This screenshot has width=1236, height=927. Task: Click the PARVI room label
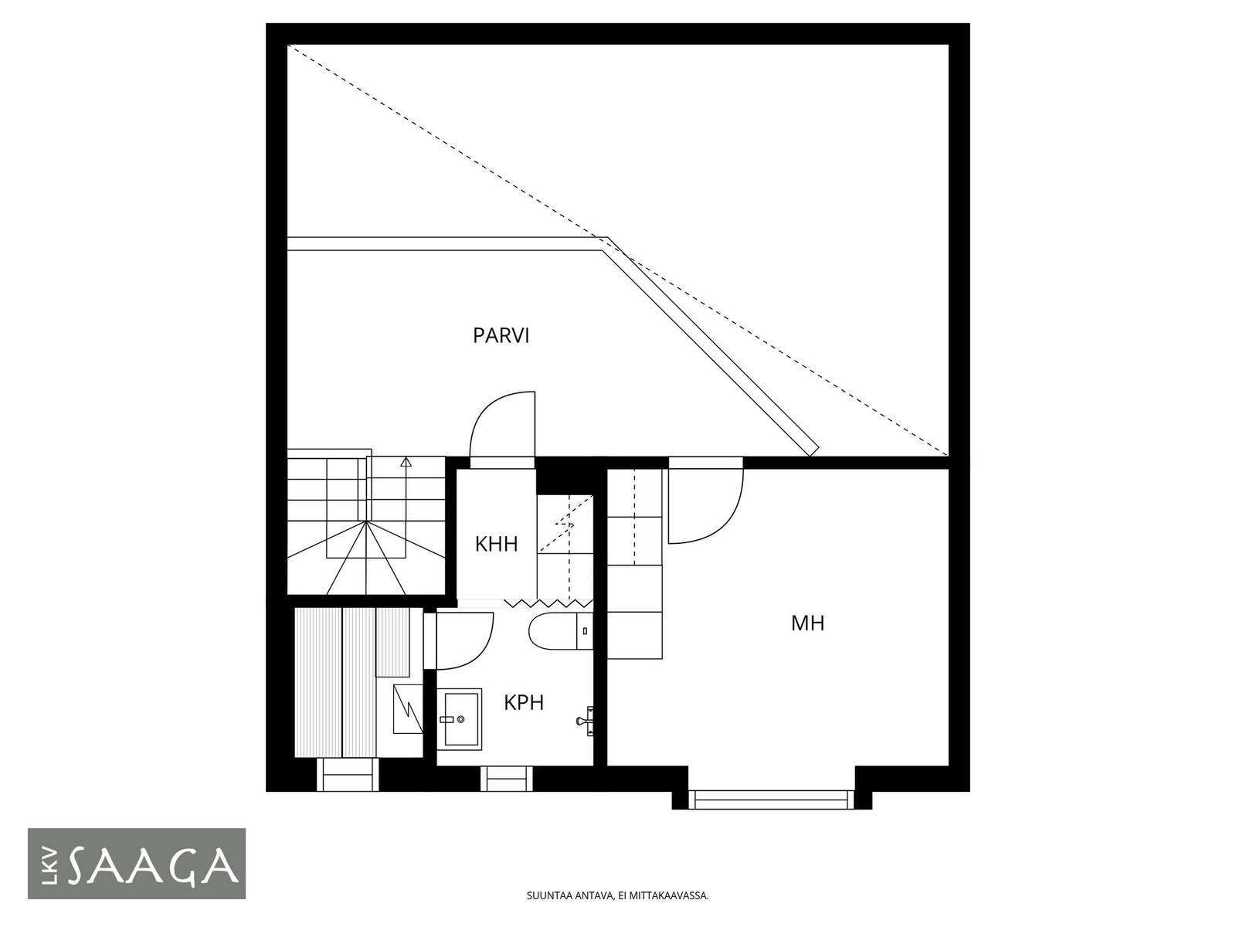(501, 335)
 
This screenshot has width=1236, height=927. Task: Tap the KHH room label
(496, 545)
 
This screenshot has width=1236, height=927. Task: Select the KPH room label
(524, 703)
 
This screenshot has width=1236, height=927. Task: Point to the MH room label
(807, 623)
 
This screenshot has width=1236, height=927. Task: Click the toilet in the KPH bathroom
(561, 631)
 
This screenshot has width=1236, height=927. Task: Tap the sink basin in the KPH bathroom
(460, 719)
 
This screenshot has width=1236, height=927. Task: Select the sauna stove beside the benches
(408, 708)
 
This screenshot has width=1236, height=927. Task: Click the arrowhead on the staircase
(406, 462)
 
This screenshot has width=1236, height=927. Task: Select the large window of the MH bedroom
(772, 800)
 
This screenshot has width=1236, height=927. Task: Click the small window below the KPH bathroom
(506, 779)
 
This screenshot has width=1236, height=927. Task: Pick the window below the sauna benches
(348, 775)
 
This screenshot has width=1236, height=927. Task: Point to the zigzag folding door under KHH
(548, 603)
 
